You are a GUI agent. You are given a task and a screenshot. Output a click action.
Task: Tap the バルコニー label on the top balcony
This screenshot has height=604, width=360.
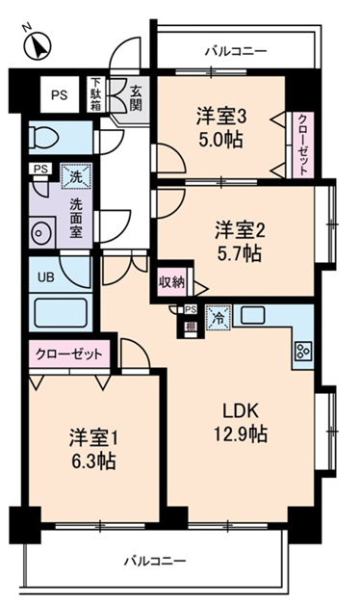tap(235, 49)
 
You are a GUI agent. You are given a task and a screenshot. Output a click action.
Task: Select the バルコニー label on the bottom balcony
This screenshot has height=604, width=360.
tap(154, 560)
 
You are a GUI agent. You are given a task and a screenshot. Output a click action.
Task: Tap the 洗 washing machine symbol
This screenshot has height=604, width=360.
tap(73, 177)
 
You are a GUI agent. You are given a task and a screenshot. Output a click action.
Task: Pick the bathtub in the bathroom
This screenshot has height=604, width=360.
tap(60, 314)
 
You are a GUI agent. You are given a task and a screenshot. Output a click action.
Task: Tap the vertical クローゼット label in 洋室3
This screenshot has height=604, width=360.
tap(302, 142)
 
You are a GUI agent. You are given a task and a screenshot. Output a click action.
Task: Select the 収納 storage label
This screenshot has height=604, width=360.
tap(170, 283)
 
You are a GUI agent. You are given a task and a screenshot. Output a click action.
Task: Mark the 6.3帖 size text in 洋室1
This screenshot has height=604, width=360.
tap(92, 461)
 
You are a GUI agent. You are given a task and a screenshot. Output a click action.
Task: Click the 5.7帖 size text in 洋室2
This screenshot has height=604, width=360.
tap(239, 254)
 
